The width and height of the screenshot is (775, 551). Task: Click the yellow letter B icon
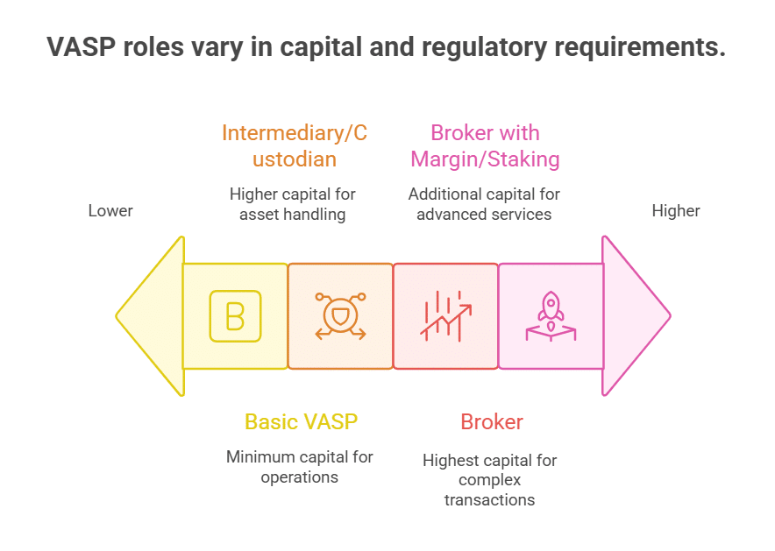pos(235,315)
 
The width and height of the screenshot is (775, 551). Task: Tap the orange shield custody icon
pos(340,315)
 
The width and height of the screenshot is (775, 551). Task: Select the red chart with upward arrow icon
pos(445,315)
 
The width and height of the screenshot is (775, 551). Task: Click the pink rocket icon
pos(551,315)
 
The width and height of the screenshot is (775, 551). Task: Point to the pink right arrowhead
pos(636,315)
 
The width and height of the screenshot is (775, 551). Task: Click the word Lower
pos(110,211)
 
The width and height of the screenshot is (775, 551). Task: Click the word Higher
pos(676,211)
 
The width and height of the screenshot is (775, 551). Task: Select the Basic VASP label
pos(301,421)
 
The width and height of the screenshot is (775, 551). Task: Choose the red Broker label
pos(492,421)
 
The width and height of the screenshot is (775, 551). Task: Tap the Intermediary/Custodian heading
pos(294,146)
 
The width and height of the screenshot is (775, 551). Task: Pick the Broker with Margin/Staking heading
pos(485,146)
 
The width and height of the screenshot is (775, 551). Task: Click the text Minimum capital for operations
pos(299,467)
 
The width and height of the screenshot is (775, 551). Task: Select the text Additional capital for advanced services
pos(484,203)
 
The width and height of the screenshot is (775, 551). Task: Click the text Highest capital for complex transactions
pos(489,479)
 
